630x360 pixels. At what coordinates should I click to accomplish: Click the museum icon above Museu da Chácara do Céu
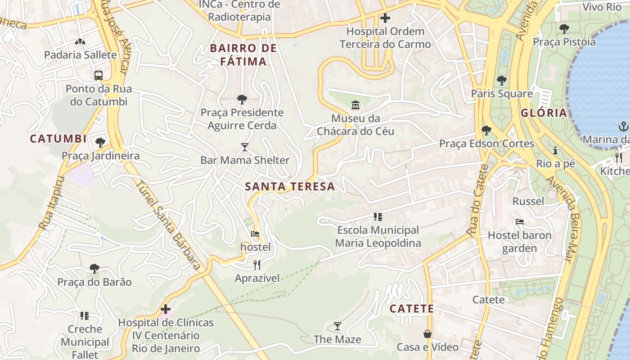[x=355, y=105]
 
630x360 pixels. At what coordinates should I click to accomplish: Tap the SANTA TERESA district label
[x=290, y=186]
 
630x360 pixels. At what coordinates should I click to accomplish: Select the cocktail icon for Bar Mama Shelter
[x=244, y=147]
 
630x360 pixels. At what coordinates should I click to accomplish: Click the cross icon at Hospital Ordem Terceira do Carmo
[x=385, y=18]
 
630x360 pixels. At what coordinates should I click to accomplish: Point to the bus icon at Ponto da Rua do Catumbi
[x=99, y=75]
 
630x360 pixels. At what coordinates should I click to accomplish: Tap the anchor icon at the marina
[x=624, y=126]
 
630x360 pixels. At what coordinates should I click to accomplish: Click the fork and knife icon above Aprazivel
[x=257, y=265]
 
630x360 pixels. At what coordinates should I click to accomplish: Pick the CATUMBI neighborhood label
[x=58, y=139]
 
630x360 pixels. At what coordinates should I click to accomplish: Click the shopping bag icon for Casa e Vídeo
[x=427, y=334]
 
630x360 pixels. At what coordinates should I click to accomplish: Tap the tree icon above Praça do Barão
[x=94, y=269]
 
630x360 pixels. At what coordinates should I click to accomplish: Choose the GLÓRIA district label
[x=544, y=113]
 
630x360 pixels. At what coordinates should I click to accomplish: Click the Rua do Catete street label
[x=477, y=200]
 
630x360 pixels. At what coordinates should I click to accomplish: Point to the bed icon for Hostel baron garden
[x=519, y=222]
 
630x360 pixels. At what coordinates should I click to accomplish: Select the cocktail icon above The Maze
[x=337, y=326]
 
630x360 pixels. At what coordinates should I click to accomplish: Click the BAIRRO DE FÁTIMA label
[x=244, y=54]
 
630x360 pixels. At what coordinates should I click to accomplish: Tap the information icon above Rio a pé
[x=555, y=150]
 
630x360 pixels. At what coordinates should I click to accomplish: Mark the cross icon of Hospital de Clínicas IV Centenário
[x=166, y=309]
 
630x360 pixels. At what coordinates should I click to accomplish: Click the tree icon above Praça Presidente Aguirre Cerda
[x=242, y=99]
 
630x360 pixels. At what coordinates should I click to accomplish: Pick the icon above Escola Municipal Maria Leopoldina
[x=378, y=217]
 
